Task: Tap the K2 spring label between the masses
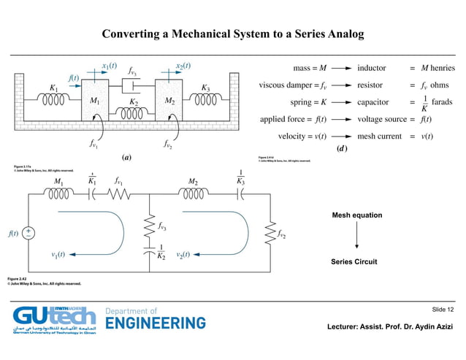[x=133, y=102]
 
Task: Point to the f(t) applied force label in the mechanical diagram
[x=73, y=77]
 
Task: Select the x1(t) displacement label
[x=110, y=66]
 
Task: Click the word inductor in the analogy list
[x=374, y=68]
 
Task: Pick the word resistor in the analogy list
[x=372, y=85]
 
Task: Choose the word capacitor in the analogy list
[x=375, y=102]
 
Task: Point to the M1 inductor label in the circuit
[x=58, y=181]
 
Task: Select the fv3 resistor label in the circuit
[x=166, y=226]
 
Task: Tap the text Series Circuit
[x=354, y=262]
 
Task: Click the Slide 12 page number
[x=443, y=311]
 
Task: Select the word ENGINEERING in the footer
[x=156, y=323]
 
